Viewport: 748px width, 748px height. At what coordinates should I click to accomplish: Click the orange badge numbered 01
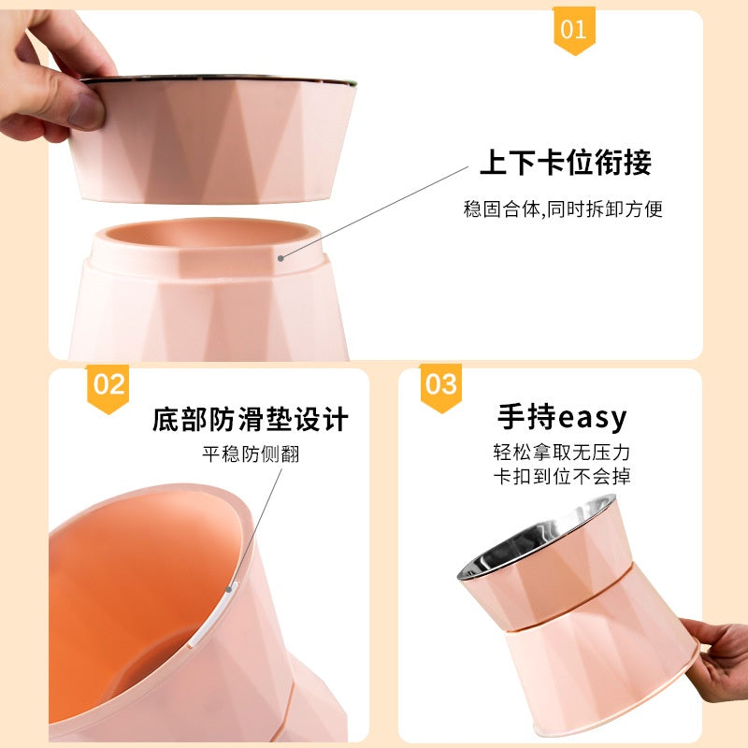click(x=573, y=29)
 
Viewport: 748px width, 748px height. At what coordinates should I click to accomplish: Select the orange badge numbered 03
click(x=440, y=385)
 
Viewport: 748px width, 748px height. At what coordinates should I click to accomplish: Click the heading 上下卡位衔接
click(x=565, y=163)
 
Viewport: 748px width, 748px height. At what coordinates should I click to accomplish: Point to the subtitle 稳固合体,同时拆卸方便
click(x=563, y=209)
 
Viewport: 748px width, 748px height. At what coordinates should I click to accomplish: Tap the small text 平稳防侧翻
click(x=252, y=454)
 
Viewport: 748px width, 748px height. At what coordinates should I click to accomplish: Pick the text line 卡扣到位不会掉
click(x=562, y=477)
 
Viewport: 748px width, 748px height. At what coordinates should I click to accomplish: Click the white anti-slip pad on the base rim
click(x=232, y=616)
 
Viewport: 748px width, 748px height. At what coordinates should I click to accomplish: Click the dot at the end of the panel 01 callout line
click(x=280, y=254)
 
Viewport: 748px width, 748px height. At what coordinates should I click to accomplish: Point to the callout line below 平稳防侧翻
click(x=257, y=524)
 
